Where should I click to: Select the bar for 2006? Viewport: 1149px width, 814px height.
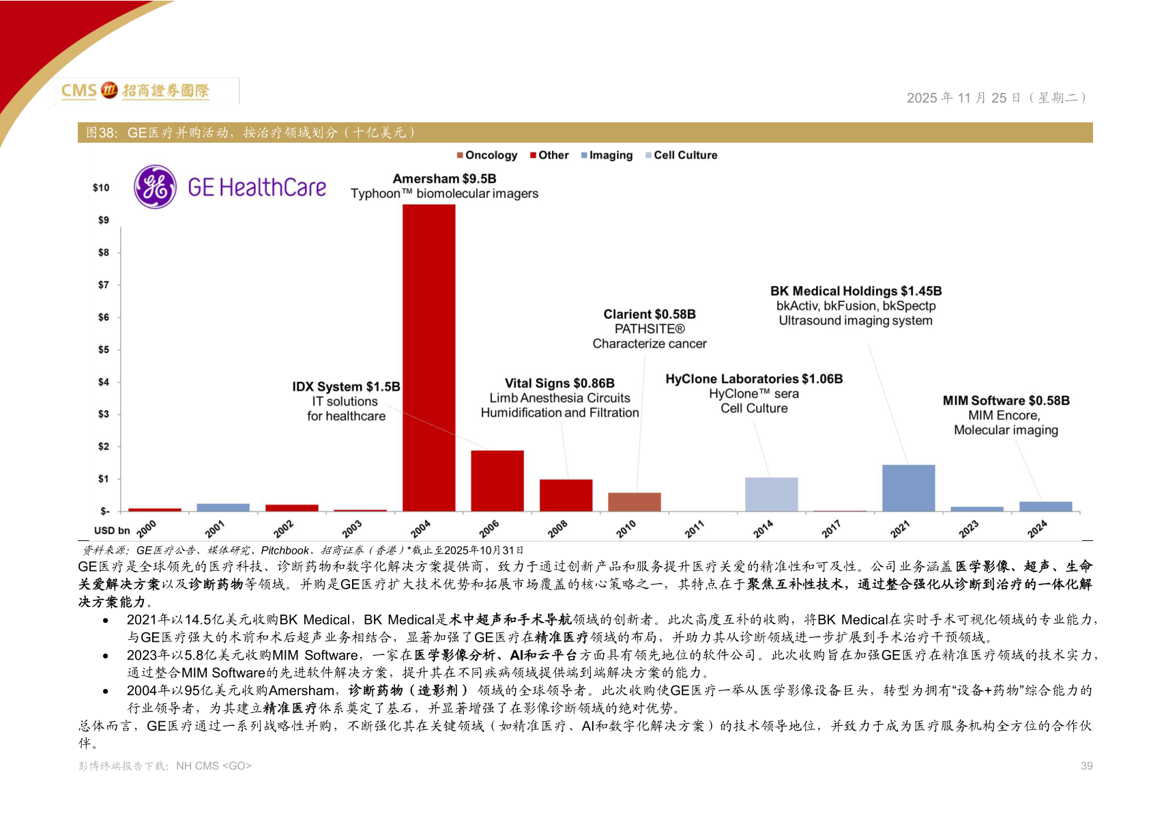tap(497, 480)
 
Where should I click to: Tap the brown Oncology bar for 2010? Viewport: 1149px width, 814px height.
tap(634, 501)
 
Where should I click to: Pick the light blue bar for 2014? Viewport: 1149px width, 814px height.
tap(771, 494)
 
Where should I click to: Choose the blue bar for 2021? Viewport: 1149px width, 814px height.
tap(908, 488)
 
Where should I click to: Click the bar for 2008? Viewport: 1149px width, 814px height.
tap(566, 494)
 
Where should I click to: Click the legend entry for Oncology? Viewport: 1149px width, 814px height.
tap(487, 155)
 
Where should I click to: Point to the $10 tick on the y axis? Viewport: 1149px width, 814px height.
tap(101, 188)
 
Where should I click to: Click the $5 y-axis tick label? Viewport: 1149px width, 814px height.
tap(104, 350)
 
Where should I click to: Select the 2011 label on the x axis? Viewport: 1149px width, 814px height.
tap(694, 529)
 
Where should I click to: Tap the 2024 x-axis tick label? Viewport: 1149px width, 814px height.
tap(1036, 529)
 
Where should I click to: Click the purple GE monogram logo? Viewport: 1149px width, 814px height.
tap(156, 186)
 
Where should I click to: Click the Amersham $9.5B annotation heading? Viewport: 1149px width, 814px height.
tap(444, 179)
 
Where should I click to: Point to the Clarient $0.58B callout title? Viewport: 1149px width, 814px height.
tap(650, 314)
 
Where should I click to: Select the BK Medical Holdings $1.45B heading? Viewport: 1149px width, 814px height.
tap(856, 291)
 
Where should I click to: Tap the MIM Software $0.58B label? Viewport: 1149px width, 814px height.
tap(1006, 401)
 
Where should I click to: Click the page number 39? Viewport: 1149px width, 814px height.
tap(1086, 766)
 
